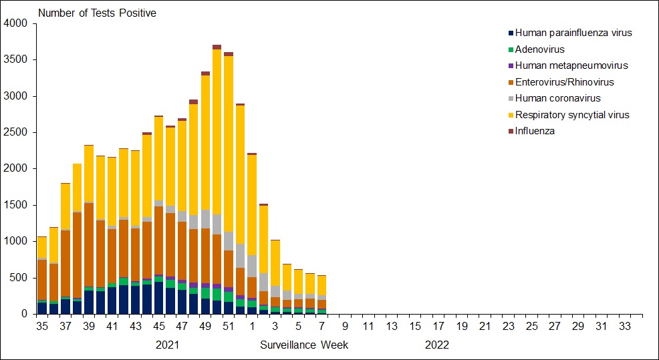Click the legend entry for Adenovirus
coord(539,49)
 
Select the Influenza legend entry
coord(535,131)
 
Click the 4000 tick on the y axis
coord(15,24)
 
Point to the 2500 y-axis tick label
coord(15,132)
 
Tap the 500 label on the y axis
coord(18,277)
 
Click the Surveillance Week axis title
coord(304,345)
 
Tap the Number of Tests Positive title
coord(97,13)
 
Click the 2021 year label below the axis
coord(167,345)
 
